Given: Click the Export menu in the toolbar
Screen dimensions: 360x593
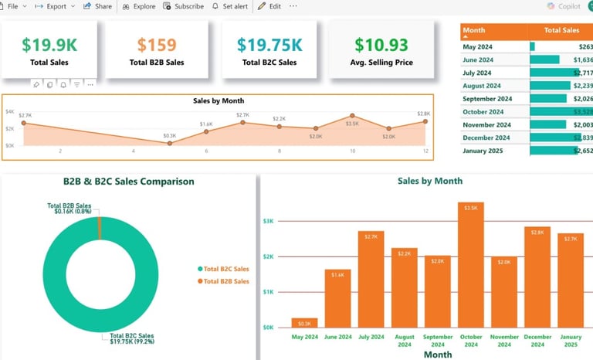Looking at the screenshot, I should (x=56, y=6).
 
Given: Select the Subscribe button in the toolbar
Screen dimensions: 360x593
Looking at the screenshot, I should (x=184, y=6).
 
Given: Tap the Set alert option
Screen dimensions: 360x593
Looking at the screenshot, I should (x=230, y=6).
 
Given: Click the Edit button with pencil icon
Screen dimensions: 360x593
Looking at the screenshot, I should (x=269, y=6).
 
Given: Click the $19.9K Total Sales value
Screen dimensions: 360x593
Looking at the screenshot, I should (x=49, y=46).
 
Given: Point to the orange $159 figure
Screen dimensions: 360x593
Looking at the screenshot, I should (x=157, y=46).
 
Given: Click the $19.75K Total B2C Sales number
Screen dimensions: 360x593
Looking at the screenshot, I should (x=269, y=46).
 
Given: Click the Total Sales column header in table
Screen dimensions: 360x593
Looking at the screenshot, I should (x=561, y=31).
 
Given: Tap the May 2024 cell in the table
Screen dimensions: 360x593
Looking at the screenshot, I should (x=478, y=46).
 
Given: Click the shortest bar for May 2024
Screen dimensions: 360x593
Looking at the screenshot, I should (x=304, y=323).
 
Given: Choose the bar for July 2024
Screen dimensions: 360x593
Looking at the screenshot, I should (x=371, y=279).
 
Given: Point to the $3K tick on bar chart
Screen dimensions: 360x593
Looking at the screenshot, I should (x=268, y=221).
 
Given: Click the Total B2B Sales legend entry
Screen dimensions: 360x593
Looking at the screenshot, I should (x=225, y=281).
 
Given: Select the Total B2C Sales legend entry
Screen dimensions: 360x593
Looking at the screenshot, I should (x=225, y=269).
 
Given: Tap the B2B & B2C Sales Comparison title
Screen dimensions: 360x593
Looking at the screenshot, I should (x=128, y=182).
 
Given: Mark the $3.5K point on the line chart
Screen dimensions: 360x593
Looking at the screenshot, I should (x=352, y=116).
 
